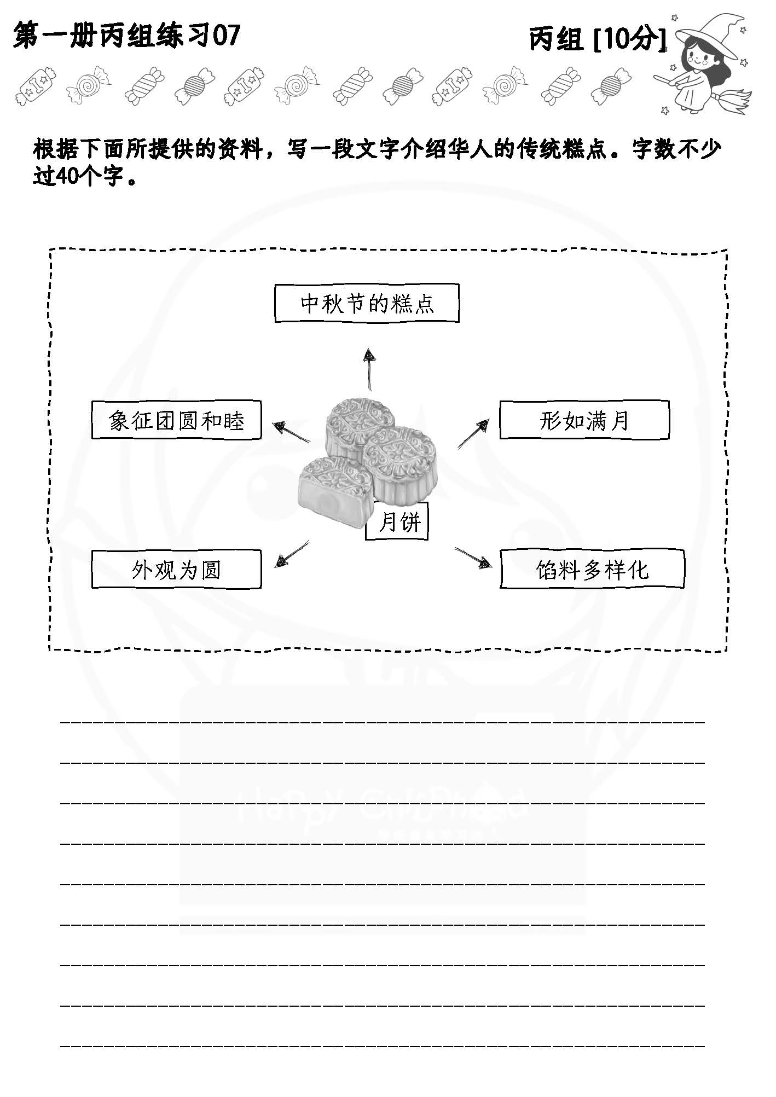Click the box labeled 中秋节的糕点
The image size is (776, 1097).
pos(366,303)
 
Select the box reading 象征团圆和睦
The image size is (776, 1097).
pos(176,420)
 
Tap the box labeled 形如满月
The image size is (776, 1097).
pos(584,420)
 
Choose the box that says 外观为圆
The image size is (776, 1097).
pos(176,570)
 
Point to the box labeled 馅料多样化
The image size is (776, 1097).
pos(592,570)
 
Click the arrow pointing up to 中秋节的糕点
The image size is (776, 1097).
pos(370,369)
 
